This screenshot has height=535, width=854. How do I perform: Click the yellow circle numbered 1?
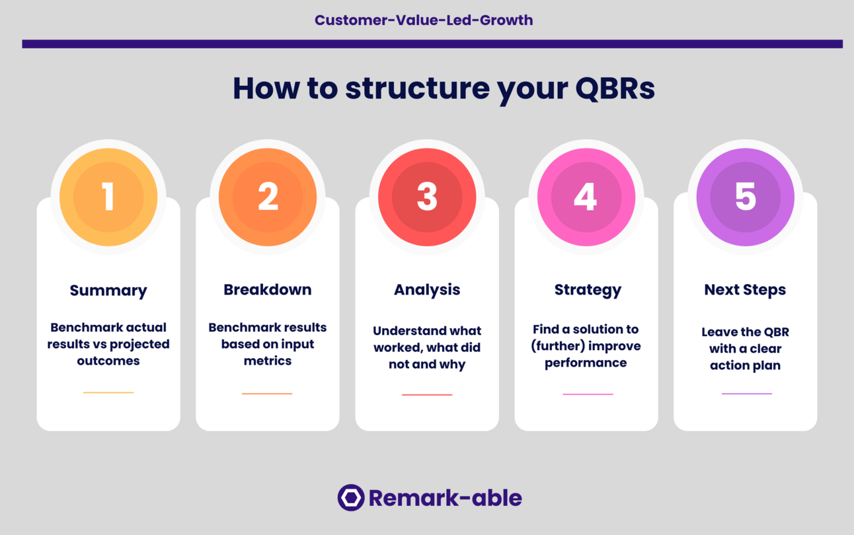coord(108,197)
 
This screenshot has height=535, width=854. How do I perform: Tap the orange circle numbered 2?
coord(268,197)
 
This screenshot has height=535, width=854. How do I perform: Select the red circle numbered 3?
coord(427,197)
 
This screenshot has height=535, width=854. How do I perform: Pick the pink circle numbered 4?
coord(586,197)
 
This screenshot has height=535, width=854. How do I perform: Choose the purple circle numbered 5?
coord(745,197)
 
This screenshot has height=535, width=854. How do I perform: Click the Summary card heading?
coord(108,291)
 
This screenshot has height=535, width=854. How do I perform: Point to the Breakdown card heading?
coord(268,290)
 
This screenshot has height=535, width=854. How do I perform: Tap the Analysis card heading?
coord(427,290)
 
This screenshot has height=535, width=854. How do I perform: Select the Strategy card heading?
coord(588,290)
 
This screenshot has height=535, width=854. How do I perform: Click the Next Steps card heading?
coord(745,290)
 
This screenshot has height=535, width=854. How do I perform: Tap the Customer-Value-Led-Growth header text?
coord(424,20)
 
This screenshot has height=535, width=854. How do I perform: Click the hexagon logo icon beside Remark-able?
coord(351,498)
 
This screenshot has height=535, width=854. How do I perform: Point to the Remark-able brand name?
coord(445,498)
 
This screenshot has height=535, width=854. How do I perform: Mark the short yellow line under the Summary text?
coord(108,392)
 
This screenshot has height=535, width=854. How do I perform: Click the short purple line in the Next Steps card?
coord(746,394)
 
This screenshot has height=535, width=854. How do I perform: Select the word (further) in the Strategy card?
coord(559,346)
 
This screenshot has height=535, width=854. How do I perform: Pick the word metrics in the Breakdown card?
coord(268,361)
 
